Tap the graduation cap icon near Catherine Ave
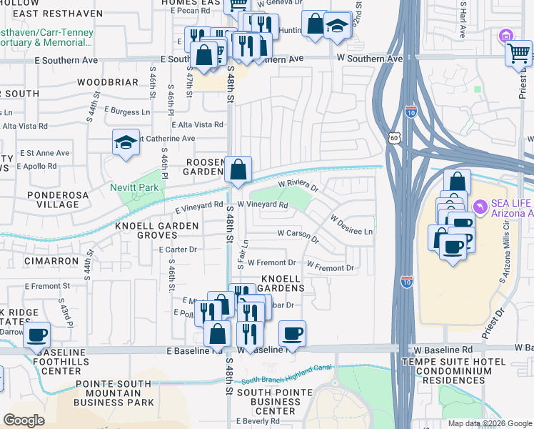coord(126,142)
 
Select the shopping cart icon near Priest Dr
coord(518,52)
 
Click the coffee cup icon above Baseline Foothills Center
coord(37,335)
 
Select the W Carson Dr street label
coord(297,233)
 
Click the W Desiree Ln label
coord(351,225)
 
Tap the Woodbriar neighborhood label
coord(107,82)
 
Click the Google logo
coord(24,420)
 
